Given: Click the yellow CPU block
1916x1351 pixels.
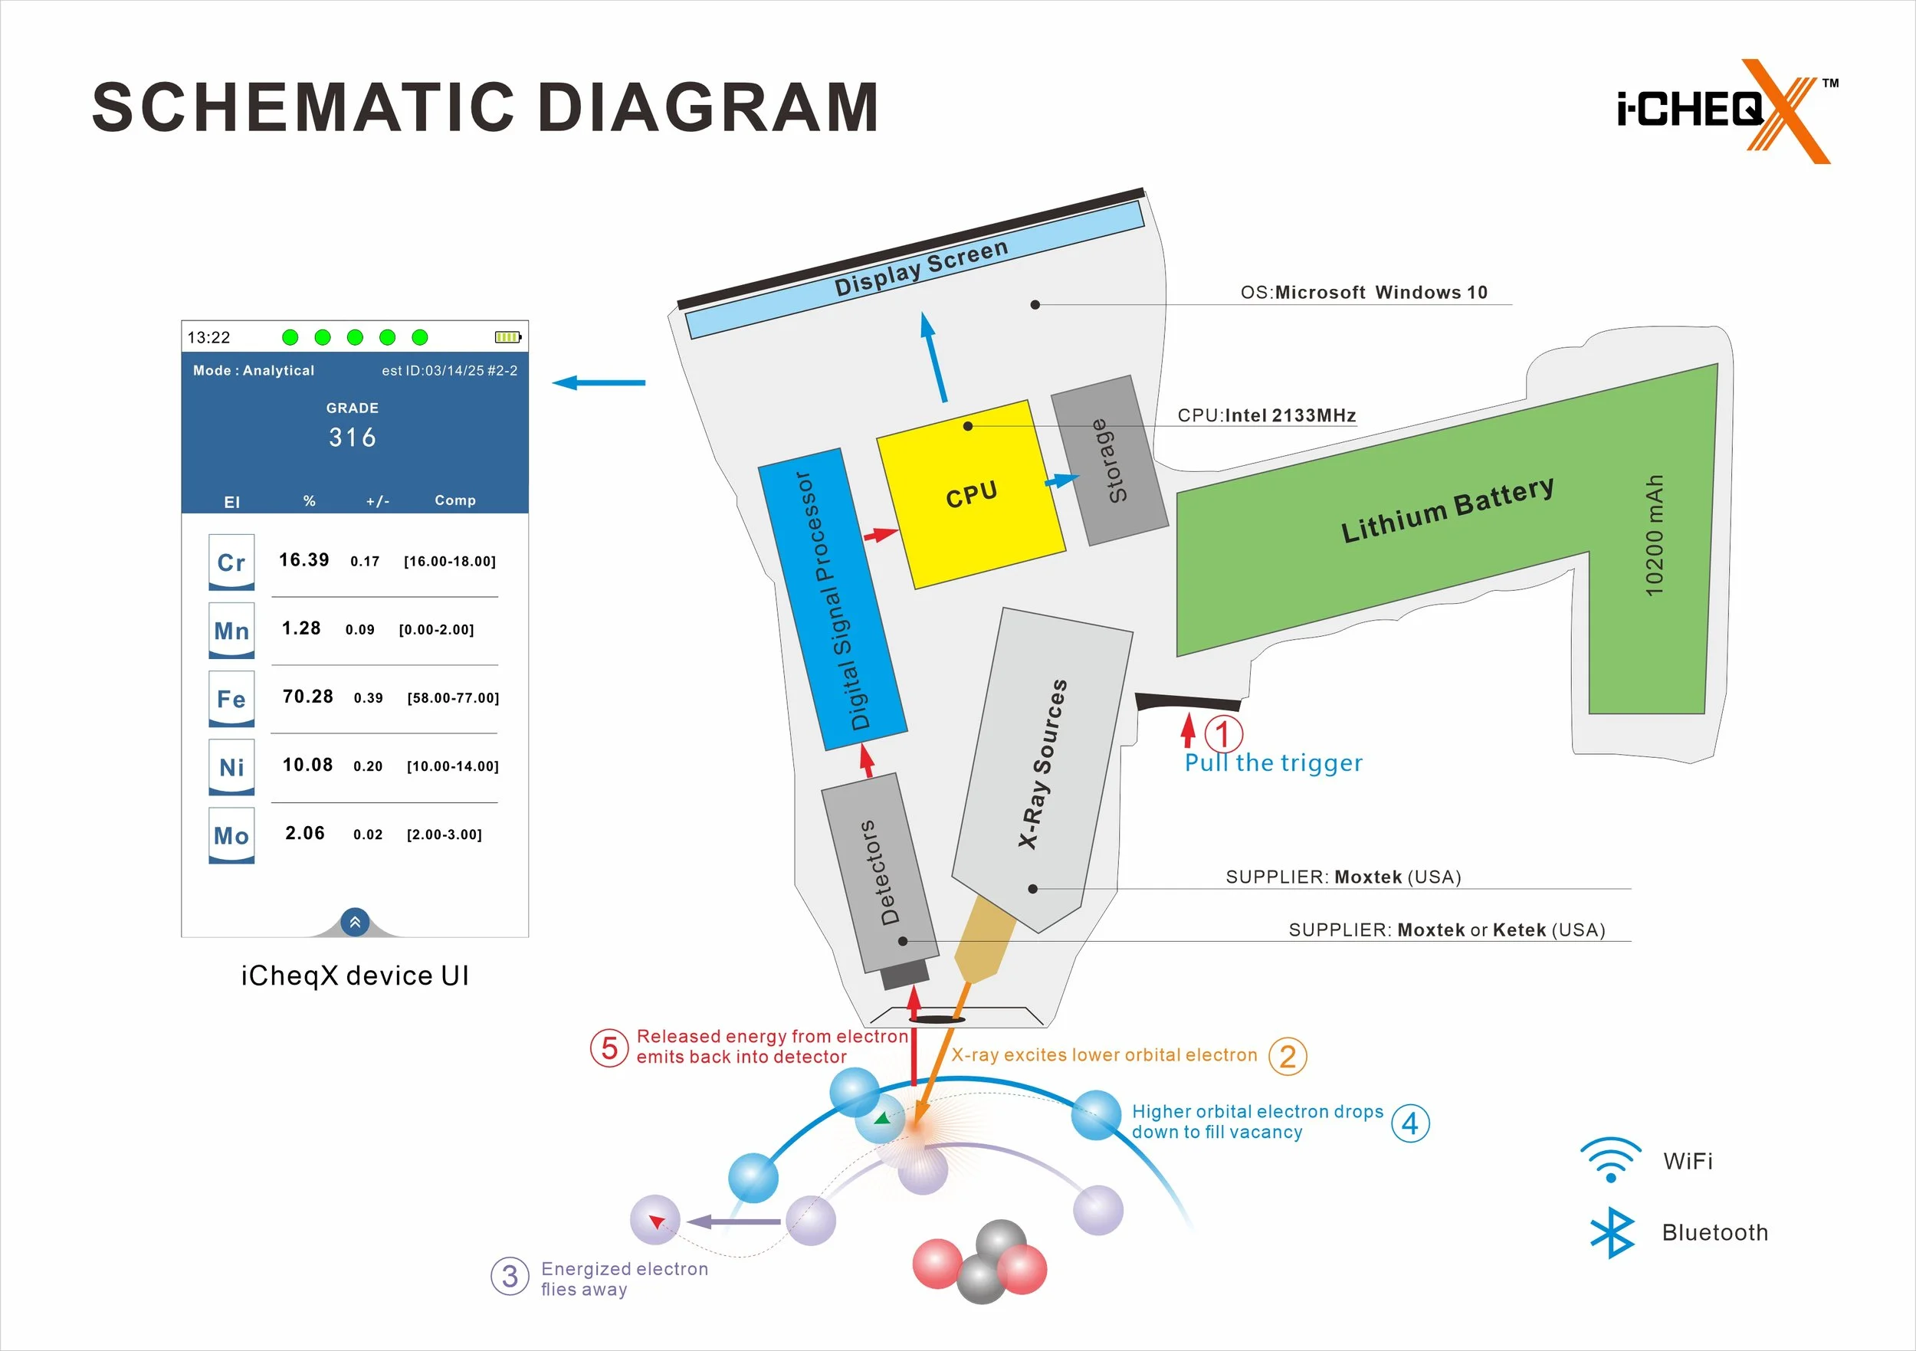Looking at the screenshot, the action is (970, 494).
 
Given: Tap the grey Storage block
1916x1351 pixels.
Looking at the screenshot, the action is (1109, 460).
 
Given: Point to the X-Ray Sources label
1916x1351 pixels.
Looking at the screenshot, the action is (1042, 764).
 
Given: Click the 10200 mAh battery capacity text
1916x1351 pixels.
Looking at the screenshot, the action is (1654, 536).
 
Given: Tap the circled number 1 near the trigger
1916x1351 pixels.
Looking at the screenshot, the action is (1222, 735).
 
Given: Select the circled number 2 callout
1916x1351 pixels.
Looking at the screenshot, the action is (1288, 1057).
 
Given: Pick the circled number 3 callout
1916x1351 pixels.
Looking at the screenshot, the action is (510, 1277).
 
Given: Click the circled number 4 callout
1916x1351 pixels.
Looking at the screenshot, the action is (1410, 1123).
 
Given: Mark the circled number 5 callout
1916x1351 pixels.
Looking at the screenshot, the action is (609, 1048).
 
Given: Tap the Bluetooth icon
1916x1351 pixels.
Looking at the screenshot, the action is (1613, 1231).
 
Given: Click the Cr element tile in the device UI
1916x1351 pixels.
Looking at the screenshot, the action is (231, 562).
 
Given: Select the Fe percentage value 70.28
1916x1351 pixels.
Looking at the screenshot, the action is (308, 697).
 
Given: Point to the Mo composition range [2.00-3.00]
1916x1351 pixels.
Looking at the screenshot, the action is (444, 835).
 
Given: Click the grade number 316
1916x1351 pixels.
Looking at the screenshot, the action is (352, 438).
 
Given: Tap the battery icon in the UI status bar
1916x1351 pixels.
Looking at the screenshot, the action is (507, 337).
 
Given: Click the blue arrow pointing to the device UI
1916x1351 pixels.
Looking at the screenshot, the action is (599, 383).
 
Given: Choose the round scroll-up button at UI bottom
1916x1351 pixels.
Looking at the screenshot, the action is (355, 922).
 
